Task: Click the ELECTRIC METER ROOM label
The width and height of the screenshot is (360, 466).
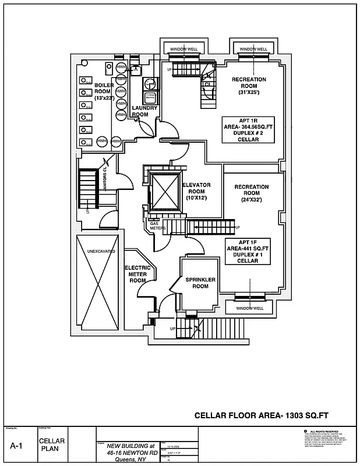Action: tap(137, 274)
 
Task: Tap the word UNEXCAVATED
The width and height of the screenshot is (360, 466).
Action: tap(101, 251)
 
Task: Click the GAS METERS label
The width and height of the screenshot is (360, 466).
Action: tap(158, 225)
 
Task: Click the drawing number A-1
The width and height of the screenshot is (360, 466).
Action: tap(17, 446)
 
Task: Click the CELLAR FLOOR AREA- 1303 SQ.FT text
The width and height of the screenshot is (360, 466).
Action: tap(262, 415)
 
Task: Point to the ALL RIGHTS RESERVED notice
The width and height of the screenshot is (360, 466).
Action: tap(324, 432)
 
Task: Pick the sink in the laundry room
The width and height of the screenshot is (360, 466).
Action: tap(135, 70)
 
